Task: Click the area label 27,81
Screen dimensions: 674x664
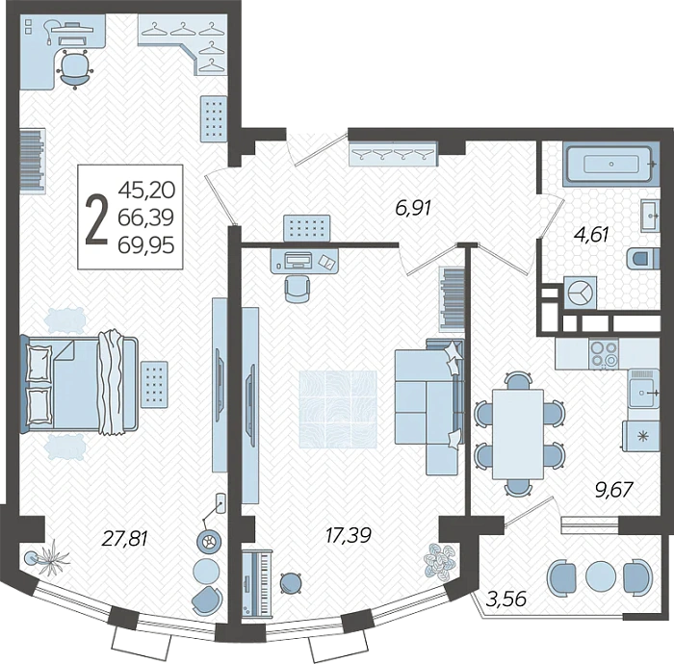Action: click(124, 538)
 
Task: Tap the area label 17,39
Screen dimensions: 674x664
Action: click(349, 535)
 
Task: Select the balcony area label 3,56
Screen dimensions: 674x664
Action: click(505, 599)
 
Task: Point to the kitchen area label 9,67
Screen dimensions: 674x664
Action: click(614, 489)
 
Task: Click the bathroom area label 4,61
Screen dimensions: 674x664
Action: click(592, 235)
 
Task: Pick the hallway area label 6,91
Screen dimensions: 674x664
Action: click(413, 208)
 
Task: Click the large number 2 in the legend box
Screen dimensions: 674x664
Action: click(96, 219)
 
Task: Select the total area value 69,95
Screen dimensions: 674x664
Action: click(146, 245)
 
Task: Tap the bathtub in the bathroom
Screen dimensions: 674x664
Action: click(610, 164)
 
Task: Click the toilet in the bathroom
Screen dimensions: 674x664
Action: click(643, 258)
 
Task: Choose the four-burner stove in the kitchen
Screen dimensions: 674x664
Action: click(604, 354)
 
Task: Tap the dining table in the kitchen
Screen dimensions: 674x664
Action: click(518, 434)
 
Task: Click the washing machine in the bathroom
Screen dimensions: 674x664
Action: click(580, 292)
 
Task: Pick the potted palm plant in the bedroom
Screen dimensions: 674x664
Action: click(48, 557)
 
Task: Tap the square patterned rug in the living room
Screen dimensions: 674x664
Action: click(338, 410)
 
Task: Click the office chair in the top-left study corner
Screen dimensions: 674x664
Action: click(75, 68)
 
